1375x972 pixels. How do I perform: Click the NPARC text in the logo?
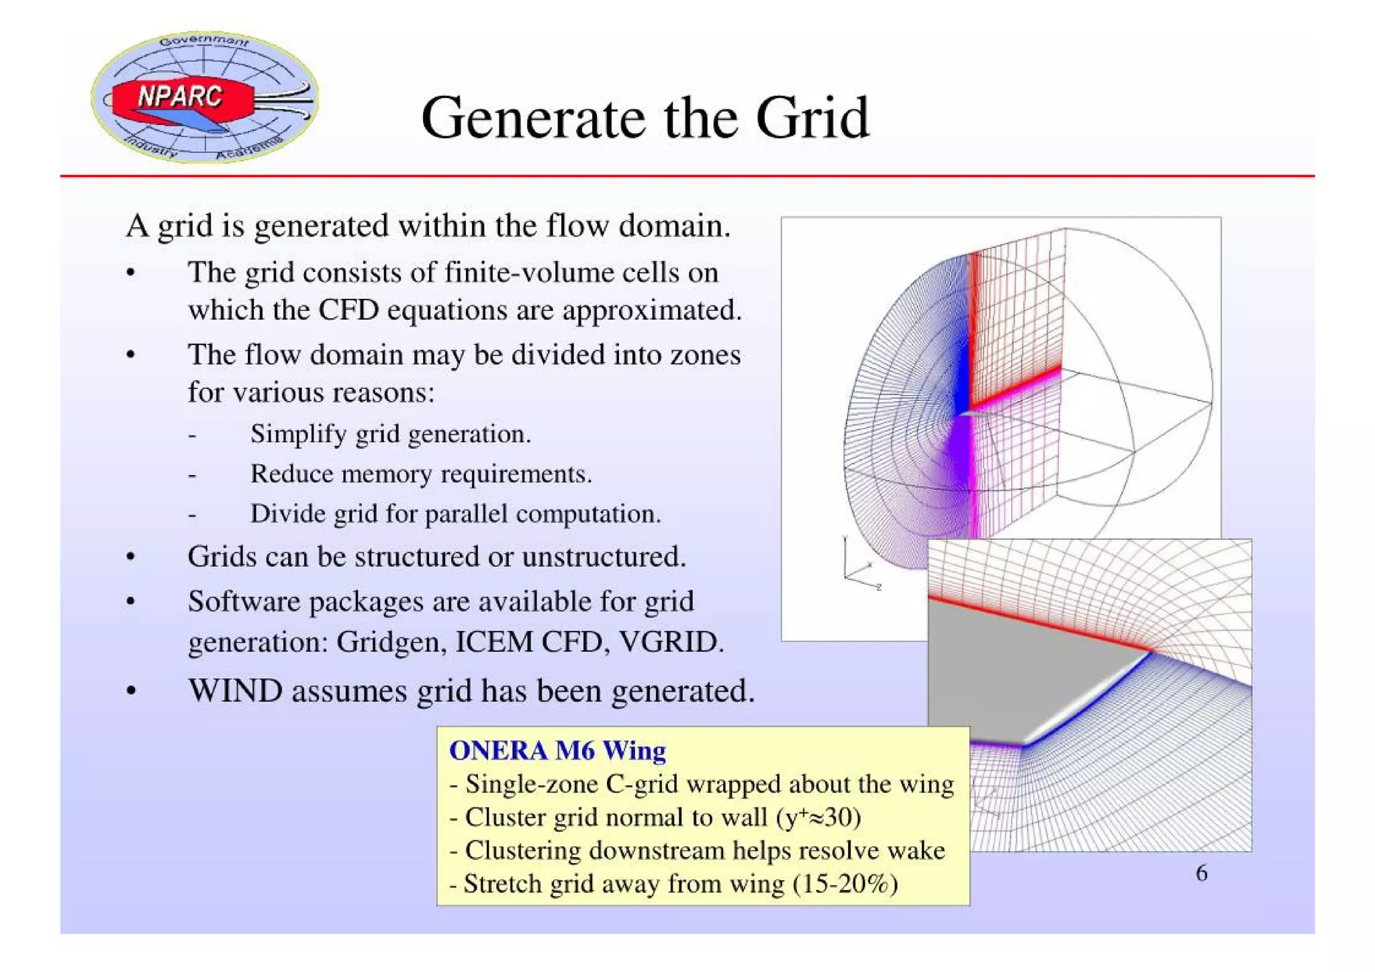click(179, 96)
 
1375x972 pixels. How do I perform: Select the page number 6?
click(1201, 873)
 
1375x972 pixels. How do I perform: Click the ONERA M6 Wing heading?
click(557, 750)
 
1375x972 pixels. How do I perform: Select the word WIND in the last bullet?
click(234, 691)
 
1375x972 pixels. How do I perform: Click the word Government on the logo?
click(203, 42)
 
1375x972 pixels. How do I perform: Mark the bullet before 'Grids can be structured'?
click(131, 558)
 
